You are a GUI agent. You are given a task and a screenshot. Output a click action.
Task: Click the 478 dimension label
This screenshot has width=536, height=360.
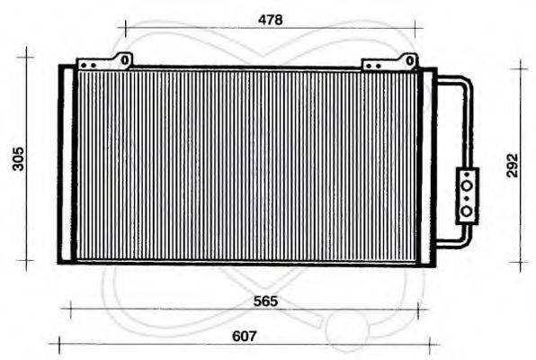pyautogui.click(x=270, y=19)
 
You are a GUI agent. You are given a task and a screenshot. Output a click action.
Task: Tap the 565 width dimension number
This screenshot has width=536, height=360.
pyautogui.click(x=264, y=301)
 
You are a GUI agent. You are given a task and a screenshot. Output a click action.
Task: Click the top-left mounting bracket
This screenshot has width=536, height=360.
pyautogui.click(x=104, y=63)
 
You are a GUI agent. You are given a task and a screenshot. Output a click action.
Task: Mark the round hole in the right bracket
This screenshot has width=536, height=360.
pyautogui.click(x=409, y=60)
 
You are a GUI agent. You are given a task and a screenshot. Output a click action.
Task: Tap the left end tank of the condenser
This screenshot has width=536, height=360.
pyautogui.click(x=66, y=164)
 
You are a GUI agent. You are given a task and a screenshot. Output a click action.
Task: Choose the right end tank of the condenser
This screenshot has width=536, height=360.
pyautogui.click(x=427, y=164)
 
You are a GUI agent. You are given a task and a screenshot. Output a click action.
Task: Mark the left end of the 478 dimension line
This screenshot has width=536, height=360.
pyautogui.click(x=125, y=30)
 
